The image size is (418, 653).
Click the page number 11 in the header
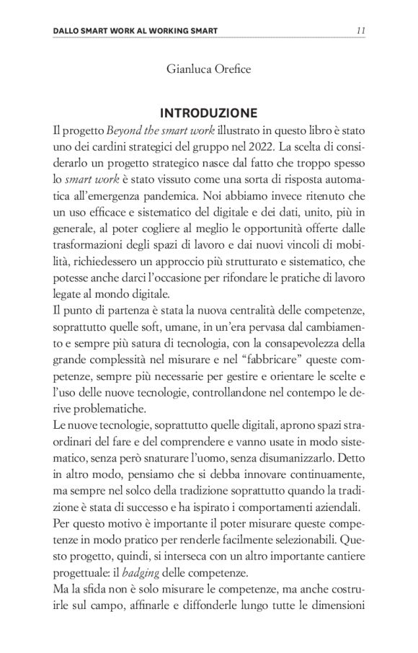click(x=361, y=30)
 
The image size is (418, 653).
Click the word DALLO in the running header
click(x=68, y=31)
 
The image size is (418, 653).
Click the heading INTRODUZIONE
click(x=209, y=113)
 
